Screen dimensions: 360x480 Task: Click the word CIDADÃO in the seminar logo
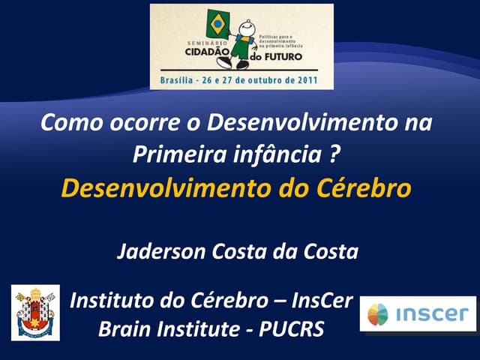coord(206,55)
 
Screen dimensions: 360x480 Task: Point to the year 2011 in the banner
coord(304,79)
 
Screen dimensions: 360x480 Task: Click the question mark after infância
coord(339,154)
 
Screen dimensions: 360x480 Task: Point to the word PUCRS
coord(289,328)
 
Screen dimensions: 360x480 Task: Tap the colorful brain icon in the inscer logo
coord(379,313)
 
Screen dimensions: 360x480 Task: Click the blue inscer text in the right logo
coord(432,314)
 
